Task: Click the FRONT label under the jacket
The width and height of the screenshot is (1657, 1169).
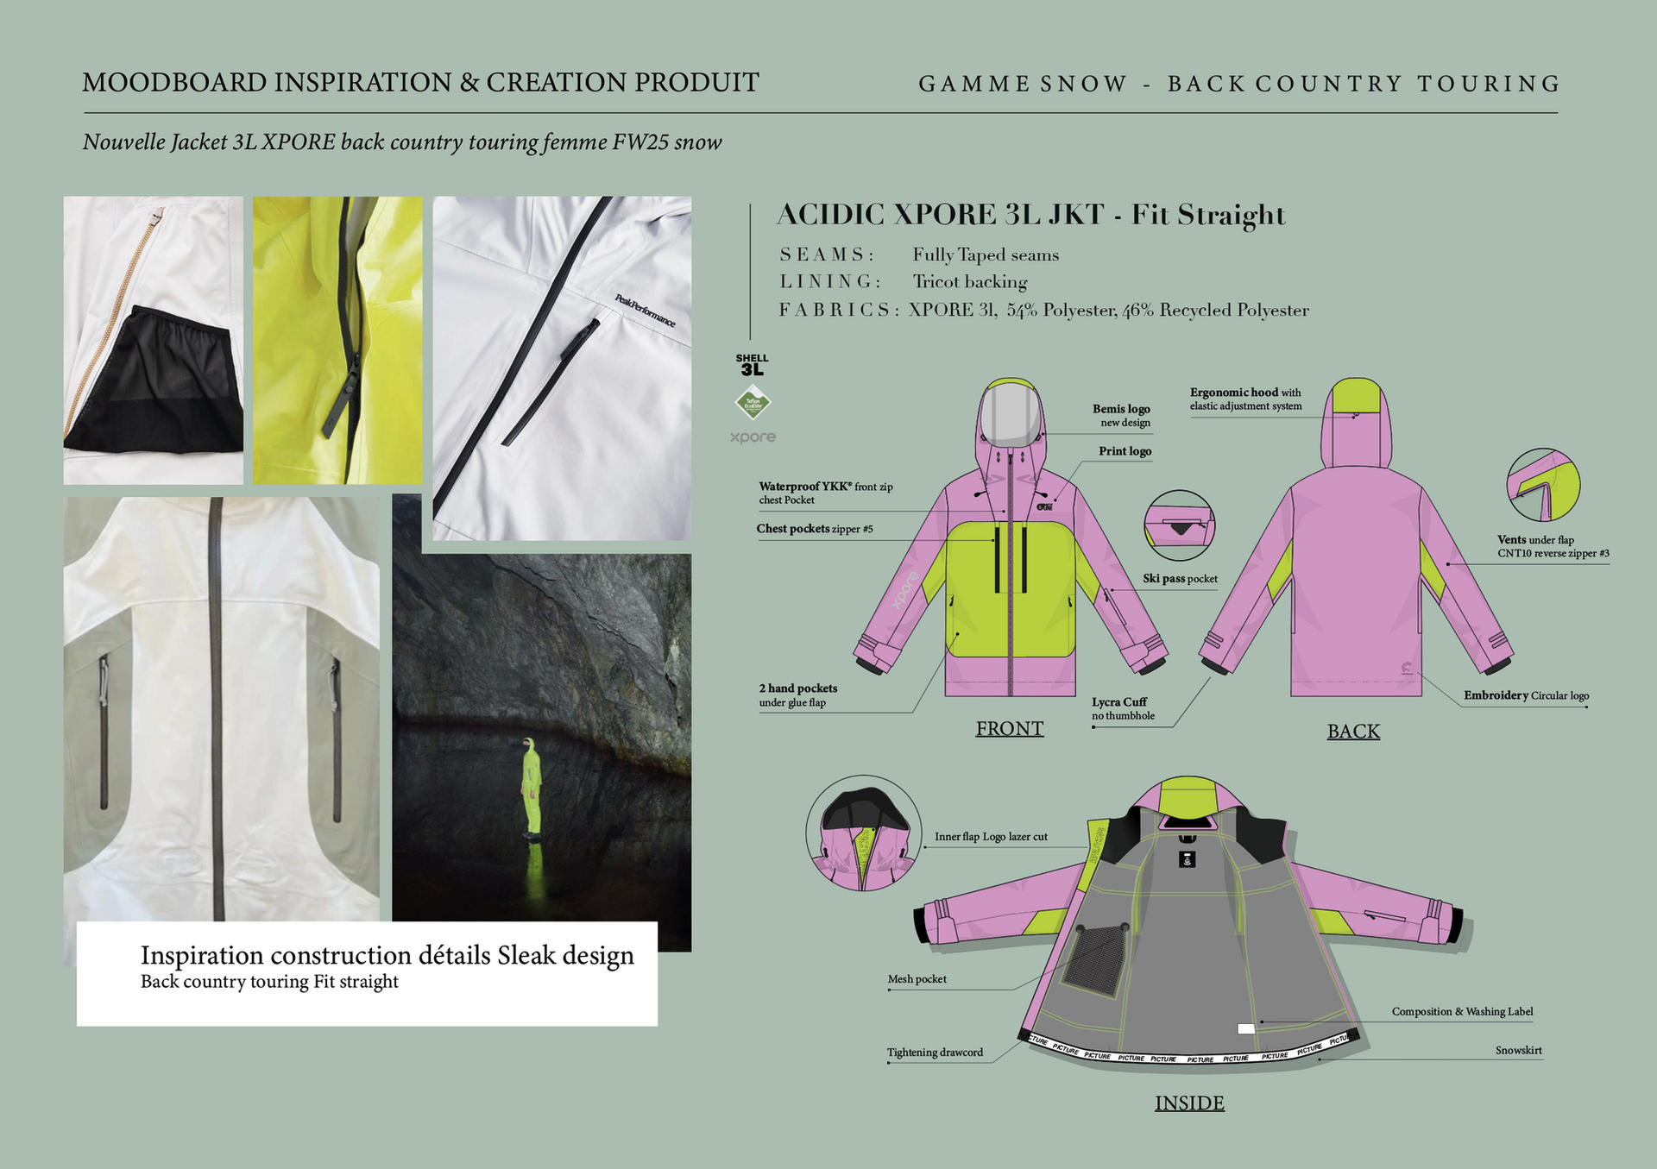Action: pos(1009,729)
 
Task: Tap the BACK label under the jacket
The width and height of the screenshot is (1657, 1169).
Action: pos(1353,732)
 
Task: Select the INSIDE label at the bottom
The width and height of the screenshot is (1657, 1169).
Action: pos(1189,1103)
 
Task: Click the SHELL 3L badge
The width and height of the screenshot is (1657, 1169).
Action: pos(752,365)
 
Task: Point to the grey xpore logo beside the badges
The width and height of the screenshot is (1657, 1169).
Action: pos(753,437)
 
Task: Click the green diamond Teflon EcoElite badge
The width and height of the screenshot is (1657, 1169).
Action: pos(753,403)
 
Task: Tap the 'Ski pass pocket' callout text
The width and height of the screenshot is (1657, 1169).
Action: pos(1180,579)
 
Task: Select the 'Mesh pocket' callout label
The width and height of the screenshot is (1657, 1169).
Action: pos(917,979)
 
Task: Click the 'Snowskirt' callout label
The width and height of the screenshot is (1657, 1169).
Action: pos(1518,1051)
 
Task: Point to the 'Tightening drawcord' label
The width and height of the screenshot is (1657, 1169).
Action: pos(935,1053)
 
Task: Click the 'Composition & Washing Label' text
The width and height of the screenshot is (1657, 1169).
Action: pos(1462,1012)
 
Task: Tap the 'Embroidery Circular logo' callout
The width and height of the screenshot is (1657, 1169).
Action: pos(1526,695)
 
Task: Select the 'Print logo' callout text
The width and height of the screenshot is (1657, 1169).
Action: pos(1125,451)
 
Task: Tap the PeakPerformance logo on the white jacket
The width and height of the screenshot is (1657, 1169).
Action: pos(645,311)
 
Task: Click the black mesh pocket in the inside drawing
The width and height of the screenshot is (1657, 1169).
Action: pos(1094,958)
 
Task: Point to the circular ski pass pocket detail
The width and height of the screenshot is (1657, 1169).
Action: pos(1179,525)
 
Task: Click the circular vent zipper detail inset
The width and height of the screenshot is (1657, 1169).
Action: pos(1543,485)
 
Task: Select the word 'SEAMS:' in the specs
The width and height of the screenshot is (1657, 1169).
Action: pos(827,255)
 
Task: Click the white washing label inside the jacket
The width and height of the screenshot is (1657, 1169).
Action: pos(1245,1028)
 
